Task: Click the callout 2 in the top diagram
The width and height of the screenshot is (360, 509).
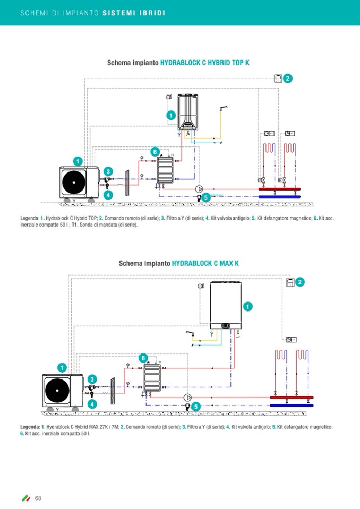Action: click(x=287, y=79)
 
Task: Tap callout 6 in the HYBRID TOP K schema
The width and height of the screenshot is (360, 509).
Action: click(x=155, y=152)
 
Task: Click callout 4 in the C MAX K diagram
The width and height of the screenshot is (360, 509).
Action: click(x=93, y=404)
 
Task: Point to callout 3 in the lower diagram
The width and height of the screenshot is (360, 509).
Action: click(x=92, y=378)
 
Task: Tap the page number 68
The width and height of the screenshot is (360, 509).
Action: click(x=38, y=497)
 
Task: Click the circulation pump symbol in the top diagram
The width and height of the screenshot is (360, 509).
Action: click(x=199, y=188)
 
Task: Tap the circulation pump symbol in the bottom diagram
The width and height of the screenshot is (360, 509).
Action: click(x=187, y=397)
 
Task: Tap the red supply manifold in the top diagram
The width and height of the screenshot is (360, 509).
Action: click(x=279, y=188)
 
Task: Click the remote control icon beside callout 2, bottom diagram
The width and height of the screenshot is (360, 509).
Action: click(x=290, y=282)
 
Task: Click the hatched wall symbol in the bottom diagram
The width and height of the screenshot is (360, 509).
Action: click(x=112, y=391)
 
